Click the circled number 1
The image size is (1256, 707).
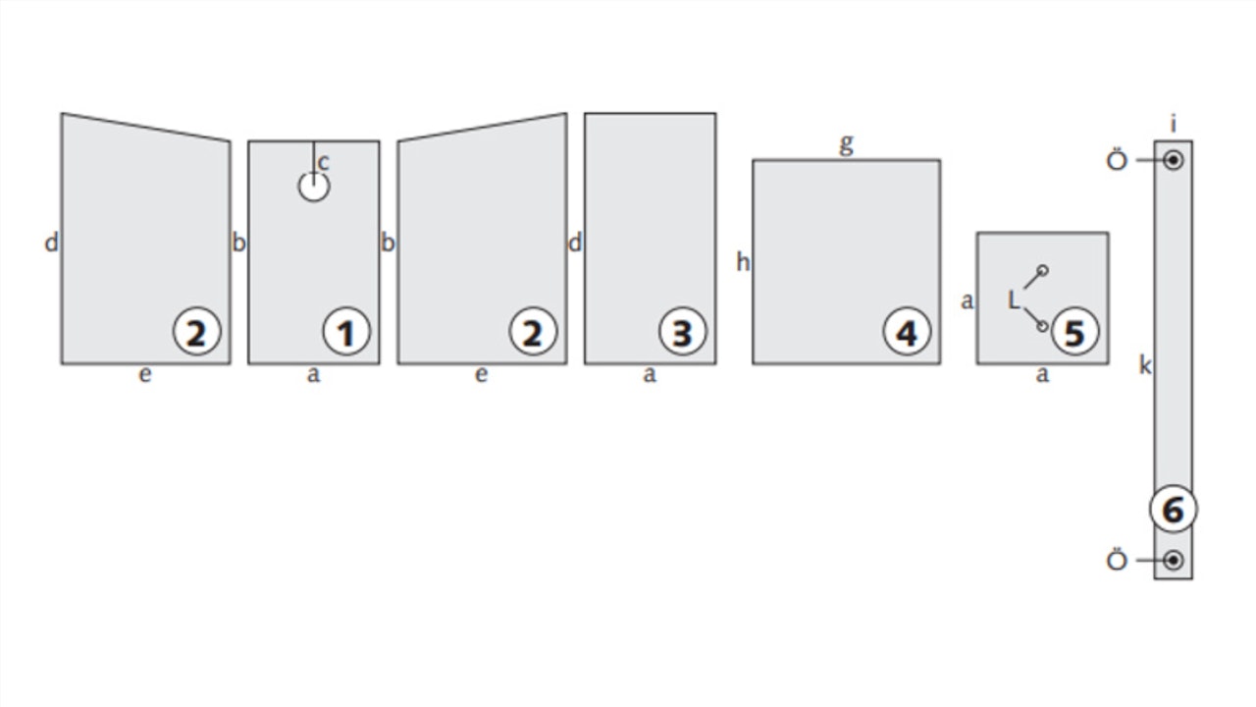(346, 332)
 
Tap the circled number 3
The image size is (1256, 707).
(682, 332)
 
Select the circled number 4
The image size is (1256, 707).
(908, 332)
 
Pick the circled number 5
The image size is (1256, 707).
(1074, 332)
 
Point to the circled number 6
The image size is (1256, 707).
(1173, 509)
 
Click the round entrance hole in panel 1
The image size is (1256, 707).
(313, 187)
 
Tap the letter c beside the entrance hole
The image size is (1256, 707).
(324, 163)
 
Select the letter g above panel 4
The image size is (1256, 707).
(846, 144)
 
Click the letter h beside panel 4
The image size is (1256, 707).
(743, 262)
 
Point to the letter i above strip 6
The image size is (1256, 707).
(1173, 124)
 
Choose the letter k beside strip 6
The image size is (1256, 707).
(1145, 365)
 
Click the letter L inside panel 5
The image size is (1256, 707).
(1014, 300)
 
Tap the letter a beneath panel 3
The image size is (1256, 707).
(650, 374)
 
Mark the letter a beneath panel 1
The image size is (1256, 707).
(313, 374)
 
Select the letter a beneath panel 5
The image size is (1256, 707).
(1042, 374)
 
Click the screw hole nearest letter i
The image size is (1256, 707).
(1173, 160)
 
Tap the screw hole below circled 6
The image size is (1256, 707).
(1173, 560)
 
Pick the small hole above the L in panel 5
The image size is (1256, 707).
(1042, 270)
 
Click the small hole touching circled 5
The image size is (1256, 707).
(1042, 327)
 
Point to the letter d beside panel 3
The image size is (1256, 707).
(575, 244)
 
